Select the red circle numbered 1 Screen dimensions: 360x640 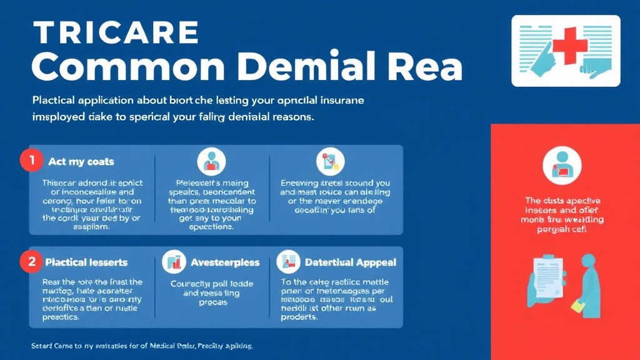29,161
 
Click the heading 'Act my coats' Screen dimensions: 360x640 81,161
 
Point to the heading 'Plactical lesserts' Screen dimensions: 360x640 86,262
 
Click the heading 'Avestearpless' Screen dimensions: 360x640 225,262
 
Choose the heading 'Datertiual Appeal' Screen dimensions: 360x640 350,262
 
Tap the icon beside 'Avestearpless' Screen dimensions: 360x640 174,262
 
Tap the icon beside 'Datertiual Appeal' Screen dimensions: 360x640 288,262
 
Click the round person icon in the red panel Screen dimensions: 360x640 562,164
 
